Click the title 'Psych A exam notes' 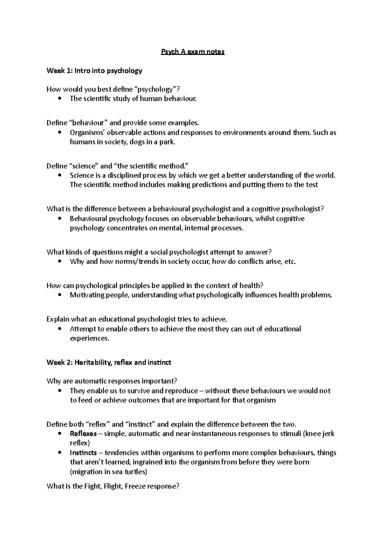[x=193, y=52]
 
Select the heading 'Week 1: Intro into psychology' [x=94, y=71]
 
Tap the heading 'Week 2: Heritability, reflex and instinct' [x=109, y=362]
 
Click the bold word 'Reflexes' [x=83, y=434]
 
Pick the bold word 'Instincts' [x=83, y=453]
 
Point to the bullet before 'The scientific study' [x=60, y=99]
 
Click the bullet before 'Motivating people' [x=60, y=295]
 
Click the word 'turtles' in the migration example [x=136, y=472]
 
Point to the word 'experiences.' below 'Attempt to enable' [x=90, y=338]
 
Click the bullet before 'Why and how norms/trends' [x=60, y=262]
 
